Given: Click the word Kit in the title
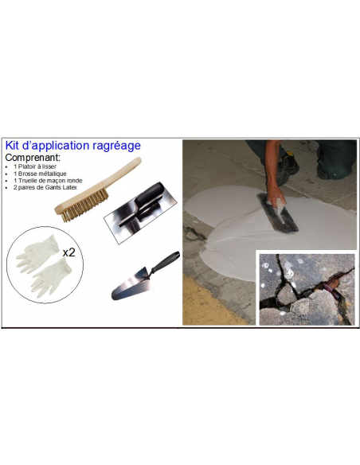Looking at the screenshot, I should pos(14,146).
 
